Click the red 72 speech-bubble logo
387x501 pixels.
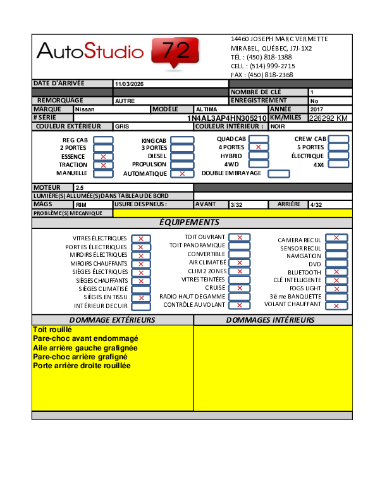(x=175, y=51)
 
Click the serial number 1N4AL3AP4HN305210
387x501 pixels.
(x=227, y=118)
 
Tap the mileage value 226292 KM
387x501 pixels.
(x=328, y=118)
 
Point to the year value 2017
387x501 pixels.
(x=316, y=109)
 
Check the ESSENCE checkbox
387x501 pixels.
(x=103, y=156)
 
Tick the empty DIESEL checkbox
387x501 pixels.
(x=182, y=156)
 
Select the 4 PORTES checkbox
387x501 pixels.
(x=258, y=147)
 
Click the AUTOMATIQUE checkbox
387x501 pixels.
(x=182, y=173)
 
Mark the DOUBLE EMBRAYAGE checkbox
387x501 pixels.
(x=279, y=173)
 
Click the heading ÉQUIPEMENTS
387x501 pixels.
(x=189, y=223)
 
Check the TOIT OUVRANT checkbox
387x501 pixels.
(x=240, y=237)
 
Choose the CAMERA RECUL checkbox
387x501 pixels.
(x=336, y=238)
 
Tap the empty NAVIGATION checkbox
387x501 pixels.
(x=336, y=256)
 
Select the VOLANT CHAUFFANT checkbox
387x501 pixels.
(x=336, y=305)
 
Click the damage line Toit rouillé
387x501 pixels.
(x=52, y=330)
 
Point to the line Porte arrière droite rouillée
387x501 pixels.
(x=82, y=366)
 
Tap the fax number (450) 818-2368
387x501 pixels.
(x=270, y=75)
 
